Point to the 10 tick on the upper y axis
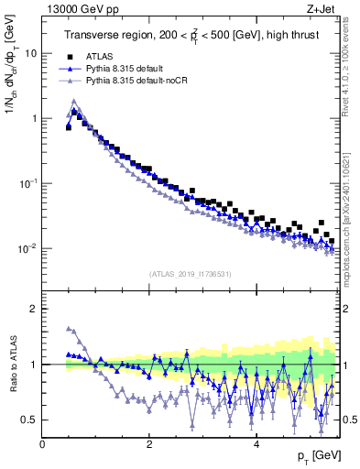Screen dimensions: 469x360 [x=30, y=53]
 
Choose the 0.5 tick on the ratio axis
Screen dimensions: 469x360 [x=29, y=420]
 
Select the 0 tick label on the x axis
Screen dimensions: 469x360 [x=43, y=442]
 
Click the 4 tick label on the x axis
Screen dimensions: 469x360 [x=256, y=442]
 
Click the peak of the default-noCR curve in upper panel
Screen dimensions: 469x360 [x=74, y=101]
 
